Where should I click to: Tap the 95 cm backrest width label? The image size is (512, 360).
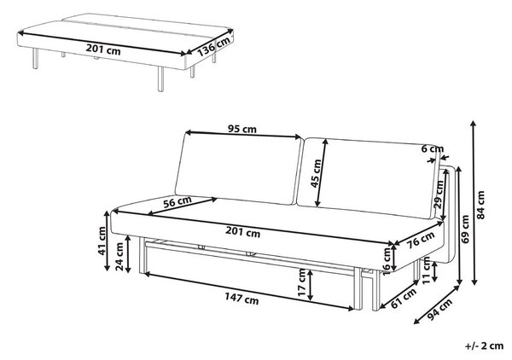pyautogui.click(x=242, y=130)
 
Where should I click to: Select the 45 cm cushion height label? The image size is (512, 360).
pyautogui.click(x=316, y=173)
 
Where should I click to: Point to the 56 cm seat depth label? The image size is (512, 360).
pyautogui.click(x=177, y=202)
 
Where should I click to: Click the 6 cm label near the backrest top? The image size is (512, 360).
pyautogui.click(x=433, y=148)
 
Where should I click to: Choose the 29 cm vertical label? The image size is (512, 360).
pyautogui.click(x=439, y=195)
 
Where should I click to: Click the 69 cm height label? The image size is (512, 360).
pyautogui.click(x=465, y=229)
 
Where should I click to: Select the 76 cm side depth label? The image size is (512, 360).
pyautogui.click(x=422, y=240)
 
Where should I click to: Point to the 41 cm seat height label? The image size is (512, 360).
pyautogui.click(x=102, y=241)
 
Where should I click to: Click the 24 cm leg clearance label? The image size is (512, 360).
pyautogui.click(x=119, y=257)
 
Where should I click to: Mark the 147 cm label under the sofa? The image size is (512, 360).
pyautogui.click(x=241, y=299)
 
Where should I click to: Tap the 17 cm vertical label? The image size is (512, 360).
pyautogui.click(x=302, y=282)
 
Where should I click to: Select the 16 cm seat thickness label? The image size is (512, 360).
pyautogui.click(x=387, y=261)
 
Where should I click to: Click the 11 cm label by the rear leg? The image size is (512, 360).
pyautogui.click(x=426, y=270)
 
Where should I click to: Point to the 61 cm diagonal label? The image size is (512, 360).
pyautogui.click(x=404, y=298)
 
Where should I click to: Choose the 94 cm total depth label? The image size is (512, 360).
pyautogui.click(x=439, y=309)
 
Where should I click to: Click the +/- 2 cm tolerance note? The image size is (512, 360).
pyautogui.click(x=484, y=345)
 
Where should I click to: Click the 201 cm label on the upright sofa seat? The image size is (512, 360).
pyautogui.click(x=242, y=232)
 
